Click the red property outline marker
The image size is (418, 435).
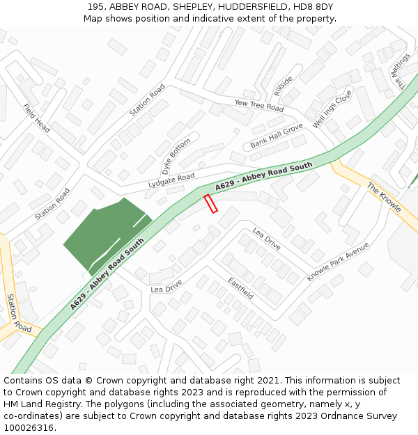pyautogui.click(x=210, y=204)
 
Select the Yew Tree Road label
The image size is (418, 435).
pyautogui.click(x=259, y=105)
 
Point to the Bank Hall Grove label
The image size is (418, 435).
pyautogui.click(x=277, y=136)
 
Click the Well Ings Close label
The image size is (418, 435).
pyautogui.click(x=332, y=110)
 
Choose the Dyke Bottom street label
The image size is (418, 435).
pyautogui.click(x=176, y=157)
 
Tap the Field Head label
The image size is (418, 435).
pyautogui.click(x=36, y=118)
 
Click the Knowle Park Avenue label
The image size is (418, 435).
pyautogui.click(x=338, y=262)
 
